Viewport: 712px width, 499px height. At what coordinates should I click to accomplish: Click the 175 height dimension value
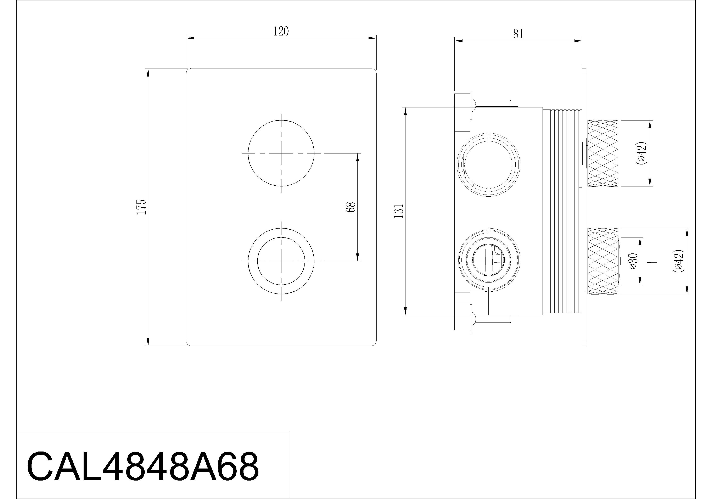[141, 207]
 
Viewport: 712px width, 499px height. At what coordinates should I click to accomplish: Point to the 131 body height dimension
[399, 211]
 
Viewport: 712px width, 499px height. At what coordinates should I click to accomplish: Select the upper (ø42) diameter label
[642, 153]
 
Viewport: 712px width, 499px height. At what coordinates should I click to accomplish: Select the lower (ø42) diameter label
[678, 261]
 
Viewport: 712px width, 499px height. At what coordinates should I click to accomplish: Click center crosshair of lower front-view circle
[281, 261]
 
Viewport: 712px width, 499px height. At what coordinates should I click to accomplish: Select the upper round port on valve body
[489, 164]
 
